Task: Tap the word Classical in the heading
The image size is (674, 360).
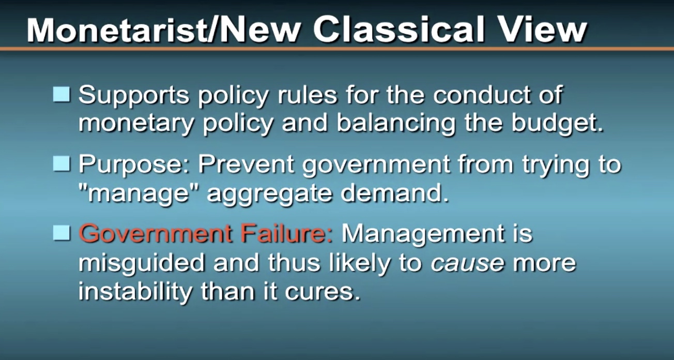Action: (x=399, y=29)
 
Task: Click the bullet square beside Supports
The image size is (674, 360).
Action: (x=62, y=94)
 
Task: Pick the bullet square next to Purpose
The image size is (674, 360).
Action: (x=62, y=163)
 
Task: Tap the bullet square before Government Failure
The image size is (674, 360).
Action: (x=62, y=233)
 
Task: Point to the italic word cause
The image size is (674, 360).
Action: (x=467, y=263)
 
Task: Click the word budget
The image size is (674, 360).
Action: (x=558, y=123)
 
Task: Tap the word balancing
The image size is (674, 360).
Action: (x=396, y=123)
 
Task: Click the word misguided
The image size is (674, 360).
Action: (x=142, y=263)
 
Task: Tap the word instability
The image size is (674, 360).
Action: (x=135, y=292)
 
